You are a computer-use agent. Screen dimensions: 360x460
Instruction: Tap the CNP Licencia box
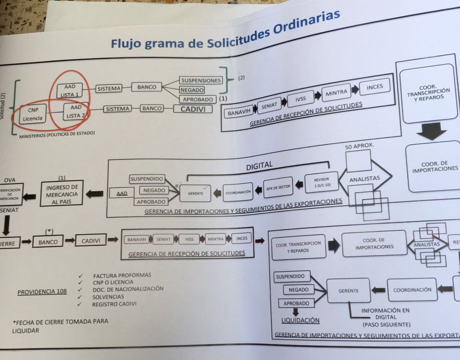32,114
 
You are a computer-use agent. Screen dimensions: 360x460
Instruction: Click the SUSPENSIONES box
201,80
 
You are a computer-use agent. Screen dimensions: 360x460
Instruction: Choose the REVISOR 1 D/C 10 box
322,181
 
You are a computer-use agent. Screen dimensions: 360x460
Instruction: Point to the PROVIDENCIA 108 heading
42,292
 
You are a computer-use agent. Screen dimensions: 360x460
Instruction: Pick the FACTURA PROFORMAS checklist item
122,275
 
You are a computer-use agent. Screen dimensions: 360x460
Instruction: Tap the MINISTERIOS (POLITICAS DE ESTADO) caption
57,133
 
